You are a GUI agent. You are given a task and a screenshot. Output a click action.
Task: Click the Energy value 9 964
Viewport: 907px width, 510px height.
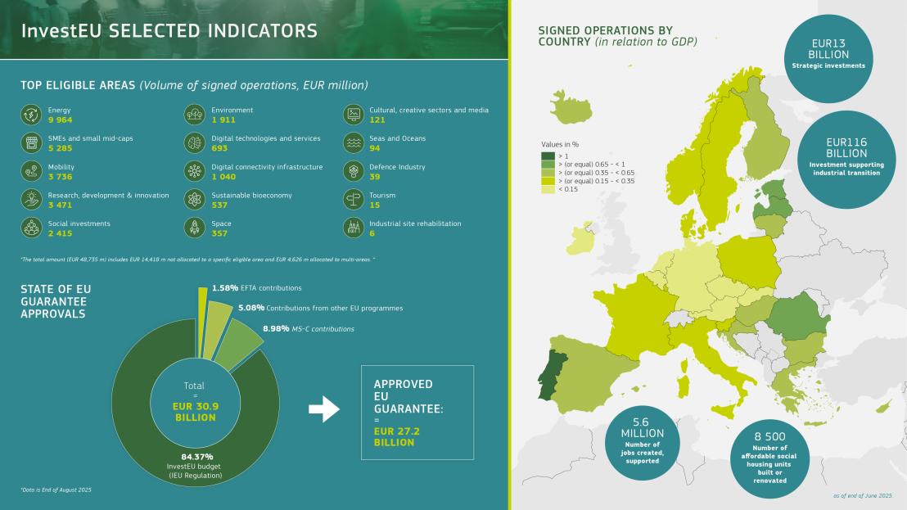[61, 120]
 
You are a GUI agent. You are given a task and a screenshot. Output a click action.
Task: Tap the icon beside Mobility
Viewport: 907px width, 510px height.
[31, 171]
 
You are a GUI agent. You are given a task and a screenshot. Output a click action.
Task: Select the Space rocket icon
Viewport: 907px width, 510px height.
[195, 228]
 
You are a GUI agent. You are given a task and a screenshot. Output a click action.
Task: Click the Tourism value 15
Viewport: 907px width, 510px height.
[374, 205]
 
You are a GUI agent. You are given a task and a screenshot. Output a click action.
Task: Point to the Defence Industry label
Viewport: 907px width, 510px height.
[398, 167]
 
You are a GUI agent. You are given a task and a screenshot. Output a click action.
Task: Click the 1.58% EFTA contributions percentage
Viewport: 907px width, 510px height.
[224, 288]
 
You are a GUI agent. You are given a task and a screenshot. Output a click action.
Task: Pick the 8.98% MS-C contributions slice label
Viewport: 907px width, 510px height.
[276, 329]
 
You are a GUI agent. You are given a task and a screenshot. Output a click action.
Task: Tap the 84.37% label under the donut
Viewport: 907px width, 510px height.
[196, 456]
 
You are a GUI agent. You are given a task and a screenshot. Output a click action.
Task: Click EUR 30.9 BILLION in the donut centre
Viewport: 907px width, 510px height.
[194, 411]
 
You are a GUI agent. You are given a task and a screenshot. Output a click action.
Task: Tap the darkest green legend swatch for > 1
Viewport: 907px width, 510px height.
[548, 156]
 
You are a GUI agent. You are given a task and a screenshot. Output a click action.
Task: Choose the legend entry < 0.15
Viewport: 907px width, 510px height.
[569, 189]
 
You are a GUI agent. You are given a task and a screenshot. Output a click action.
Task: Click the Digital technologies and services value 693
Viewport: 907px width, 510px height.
[219, 148]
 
